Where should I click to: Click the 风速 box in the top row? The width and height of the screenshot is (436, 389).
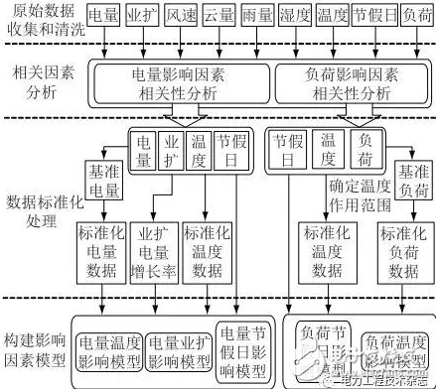pos(183,18)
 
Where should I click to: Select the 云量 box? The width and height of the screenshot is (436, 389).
pos(222,18)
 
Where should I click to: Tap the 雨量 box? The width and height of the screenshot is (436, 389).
pos(262,18)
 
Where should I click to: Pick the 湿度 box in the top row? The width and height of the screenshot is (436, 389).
pos(301,18)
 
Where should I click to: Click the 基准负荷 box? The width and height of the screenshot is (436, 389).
pos(412,183)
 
